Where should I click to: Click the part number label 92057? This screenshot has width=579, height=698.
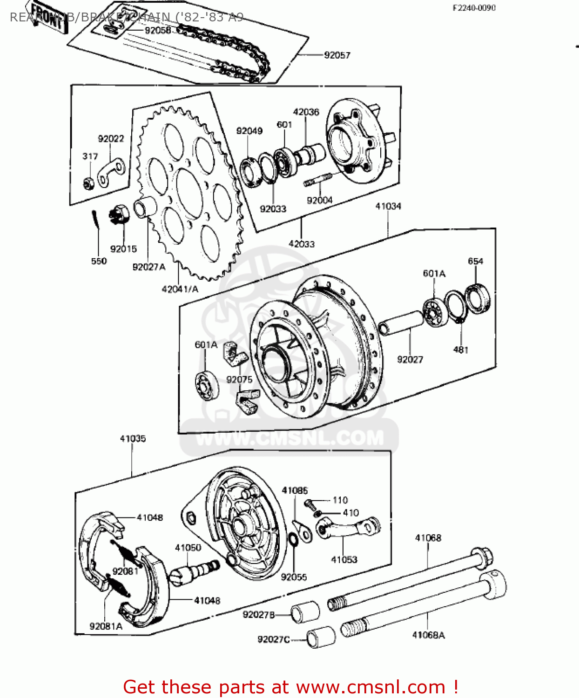(337, 55)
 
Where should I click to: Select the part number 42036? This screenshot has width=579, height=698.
(306, 112)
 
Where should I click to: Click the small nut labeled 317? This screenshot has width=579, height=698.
(88, 183)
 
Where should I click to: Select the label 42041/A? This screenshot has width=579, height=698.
(180, 289)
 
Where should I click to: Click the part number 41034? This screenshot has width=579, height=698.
(388, 206)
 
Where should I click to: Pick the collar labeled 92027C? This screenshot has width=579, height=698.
(321, 637)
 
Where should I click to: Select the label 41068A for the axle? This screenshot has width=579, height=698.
(428, 635)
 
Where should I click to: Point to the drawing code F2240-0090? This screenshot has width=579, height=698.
(474, 7)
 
